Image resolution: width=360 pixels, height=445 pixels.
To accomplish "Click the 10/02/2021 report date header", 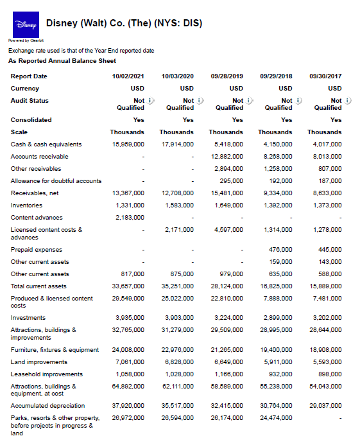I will point(128,76).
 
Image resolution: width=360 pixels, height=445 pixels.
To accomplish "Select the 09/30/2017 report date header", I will point(325,76).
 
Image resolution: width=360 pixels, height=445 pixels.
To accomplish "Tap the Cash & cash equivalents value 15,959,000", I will point(128,144).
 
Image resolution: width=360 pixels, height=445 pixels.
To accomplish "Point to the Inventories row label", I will point(26,205).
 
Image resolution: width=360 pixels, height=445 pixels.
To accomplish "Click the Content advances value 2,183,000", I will point(129,218).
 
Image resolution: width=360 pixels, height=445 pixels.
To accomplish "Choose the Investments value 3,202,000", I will point(327,318).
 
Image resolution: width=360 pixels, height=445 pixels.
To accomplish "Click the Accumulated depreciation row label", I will point(47,406).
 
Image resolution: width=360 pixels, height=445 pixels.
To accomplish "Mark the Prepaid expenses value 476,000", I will point(279,250).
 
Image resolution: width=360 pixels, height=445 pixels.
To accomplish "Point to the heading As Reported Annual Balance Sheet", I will point(62,61).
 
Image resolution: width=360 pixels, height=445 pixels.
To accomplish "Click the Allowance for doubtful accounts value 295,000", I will point(230,181).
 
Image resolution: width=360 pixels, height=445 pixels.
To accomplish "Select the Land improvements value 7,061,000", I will point(129,362).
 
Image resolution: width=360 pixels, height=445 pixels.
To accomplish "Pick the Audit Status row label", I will point(30,101).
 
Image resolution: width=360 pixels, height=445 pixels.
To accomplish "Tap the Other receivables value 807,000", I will point(330,169).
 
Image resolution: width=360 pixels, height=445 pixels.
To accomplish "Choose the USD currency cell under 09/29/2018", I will point(286,89).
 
